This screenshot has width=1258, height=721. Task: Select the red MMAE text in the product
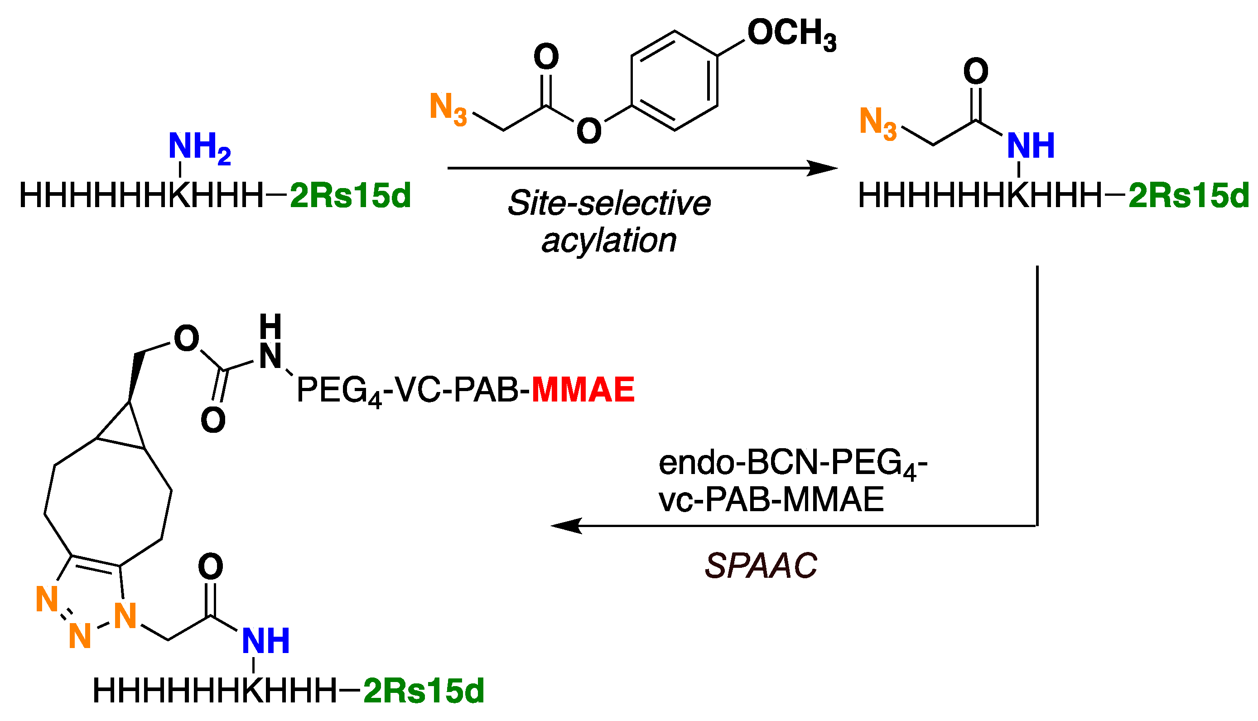[583, 390]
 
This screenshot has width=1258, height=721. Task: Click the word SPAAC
[761, 566]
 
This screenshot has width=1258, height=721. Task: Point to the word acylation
[609, 241]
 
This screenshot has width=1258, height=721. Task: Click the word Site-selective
[609, 203]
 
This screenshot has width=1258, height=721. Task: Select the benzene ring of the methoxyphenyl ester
[674, 81]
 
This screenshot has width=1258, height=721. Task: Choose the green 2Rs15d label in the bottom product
[424, 691]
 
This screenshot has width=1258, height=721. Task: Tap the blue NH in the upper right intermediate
[1031, 146]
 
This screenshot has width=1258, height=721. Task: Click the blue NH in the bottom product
[266, 641]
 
